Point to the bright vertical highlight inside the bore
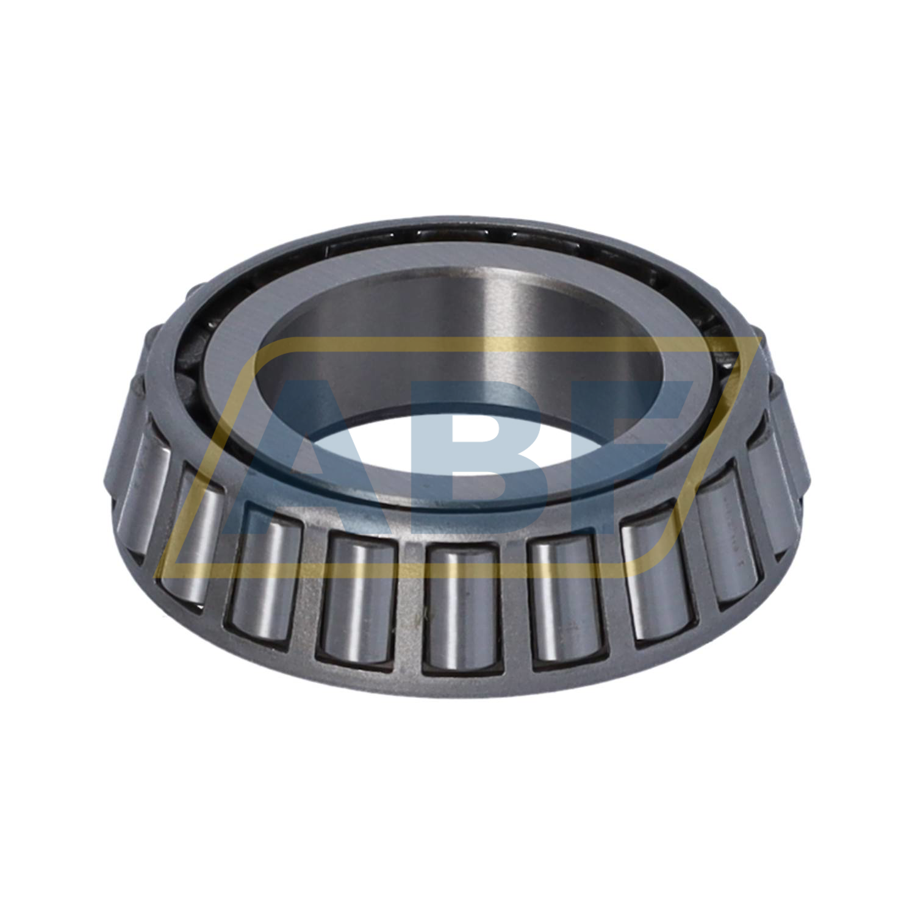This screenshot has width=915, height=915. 488,329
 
